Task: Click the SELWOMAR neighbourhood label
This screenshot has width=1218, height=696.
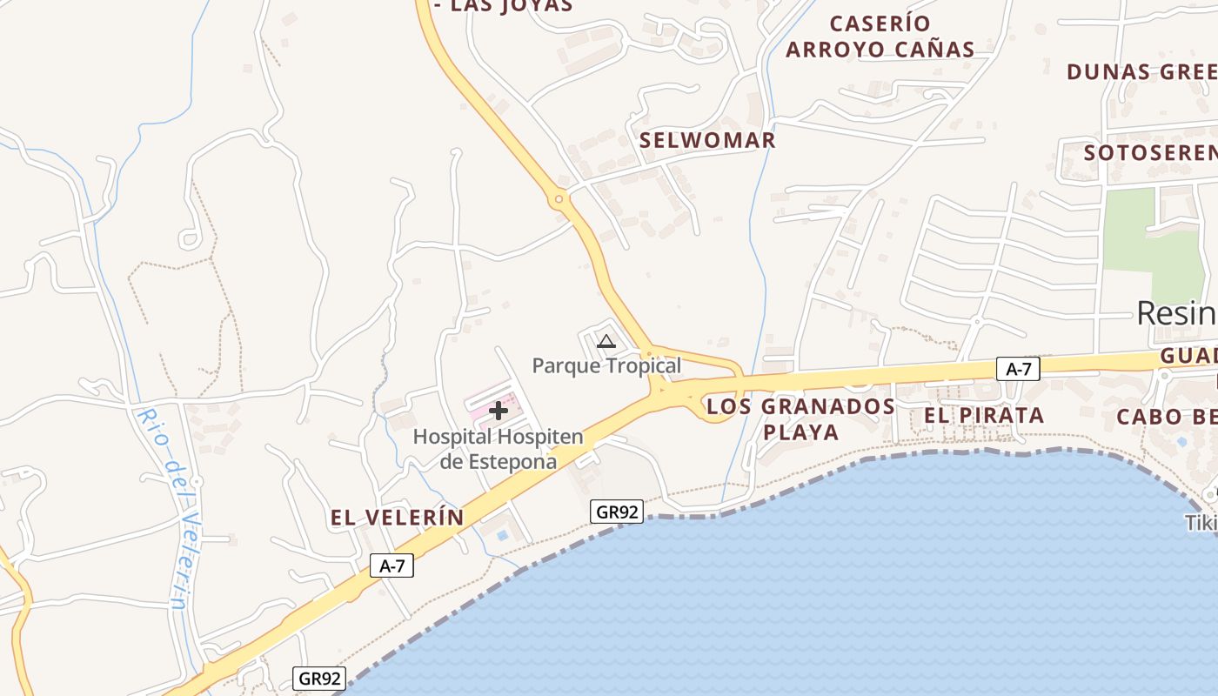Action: coord(707,140)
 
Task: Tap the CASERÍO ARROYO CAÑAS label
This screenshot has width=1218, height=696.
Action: coord(880,37)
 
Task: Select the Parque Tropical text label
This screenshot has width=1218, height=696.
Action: coord(606,365)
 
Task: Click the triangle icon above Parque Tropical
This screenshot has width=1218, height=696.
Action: coord(606,341)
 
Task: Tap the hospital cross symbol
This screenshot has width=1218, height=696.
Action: coord(499,411)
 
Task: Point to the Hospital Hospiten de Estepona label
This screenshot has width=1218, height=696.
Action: coord(498,449)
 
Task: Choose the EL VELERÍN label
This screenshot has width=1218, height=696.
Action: coord(397,518)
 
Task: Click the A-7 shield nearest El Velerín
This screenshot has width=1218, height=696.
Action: coord(391,566)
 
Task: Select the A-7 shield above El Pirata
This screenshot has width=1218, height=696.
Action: coord(1018,369)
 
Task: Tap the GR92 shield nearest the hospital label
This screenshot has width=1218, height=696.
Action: coord(617,512)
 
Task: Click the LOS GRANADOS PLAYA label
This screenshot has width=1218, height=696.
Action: coord(800,419)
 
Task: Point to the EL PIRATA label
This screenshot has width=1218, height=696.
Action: coord(983,416)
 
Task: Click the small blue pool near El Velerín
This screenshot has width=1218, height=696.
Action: coord(502,533)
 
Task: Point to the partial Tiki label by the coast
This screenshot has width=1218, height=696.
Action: coord(1201,523)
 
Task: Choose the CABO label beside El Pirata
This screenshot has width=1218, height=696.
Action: coord(1167,416)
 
